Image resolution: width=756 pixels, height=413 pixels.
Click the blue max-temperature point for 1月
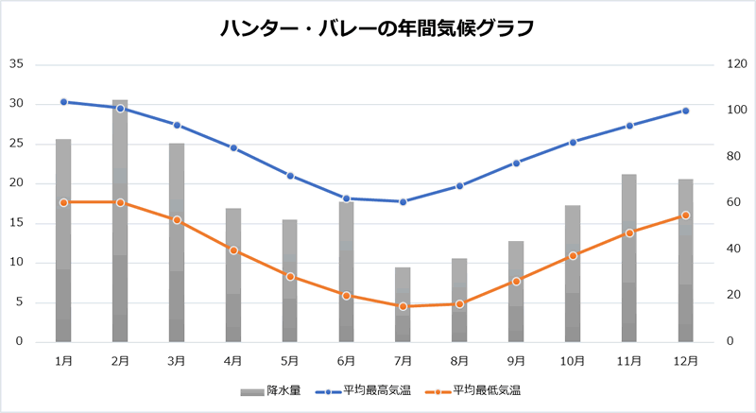pyautogui.click(x=63, y=102)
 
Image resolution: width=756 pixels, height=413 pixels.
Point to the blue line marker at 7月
pyautogui.click(x=403, y=201)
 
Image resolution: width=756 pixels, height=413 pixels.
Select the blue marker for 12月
pyautogui.click(x=685, y=111)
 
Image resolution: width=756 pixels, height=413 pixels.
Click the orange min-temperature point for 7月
pyautogui.click(x=403, y=306)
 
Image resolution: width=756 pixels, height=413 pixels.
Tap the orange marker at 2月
pyautogui.click(x=120, y=202)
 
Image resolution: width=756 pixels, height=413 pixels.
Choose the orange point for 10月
pyautogui.click(x=573, y=255)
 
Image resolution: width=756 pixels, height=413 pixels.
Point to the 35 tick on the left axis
pyautogui.click(x=16, y=64)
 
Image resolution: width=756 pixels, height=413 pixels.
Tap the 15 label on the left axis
pyautogui.click(x=16, y=223)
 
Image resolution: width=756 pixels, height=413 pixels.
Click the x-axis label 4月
pyautogui.click(x=232, y=360)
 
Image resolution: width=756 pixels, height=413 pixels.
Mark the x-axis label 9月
pyautogui.click(x=516, y=360)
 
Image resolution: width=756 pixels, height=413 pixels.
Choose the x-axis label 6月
pyautogui.click(x=346, y=360)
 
